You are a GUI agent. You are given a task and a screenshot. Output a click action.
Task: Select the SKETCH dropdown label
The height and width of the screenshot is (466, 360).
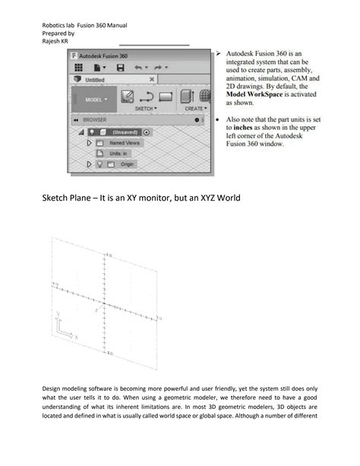(x=145, y=109)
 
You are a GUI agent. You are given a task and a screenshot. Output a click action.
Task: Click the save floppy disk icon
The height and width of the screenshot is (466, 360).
(x=120, y=68)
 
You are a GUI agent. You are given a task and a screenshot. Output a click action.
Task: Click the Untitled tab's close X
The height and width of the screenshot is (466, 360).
(x=152, y=79)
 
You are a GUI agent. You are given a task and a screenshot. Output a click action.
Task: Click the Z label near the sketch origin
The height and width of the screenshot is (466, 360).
(x=96, y=310)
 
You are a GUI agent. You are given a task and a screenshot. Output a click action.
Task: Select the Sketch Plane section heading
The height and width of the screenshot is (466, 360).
(x=141, y=198)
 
